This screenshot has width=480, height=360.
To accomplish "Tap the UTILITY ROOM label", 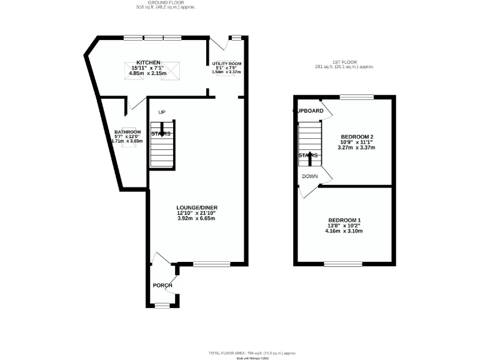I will click(x=226, y=64).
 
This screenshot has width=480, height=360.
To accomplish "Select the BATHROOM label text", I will click(x=127, y=132).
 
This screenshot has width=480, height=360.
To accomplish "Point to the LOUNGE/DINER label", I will click(x=196, y=207).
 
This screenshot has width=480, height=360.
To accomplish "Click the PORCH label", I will click(x=162, y=285).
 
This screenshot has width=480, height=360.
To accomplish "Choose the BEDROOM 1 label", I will click(x=345, y=220).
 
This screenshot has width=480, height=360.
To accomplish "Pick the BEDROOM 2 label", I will click(x=357, y=137).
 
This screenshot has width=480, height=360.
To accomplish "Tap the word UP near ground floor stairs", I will click(x=161, y=112).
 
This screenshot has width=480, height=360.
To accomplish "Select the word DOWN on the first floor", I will click(x=310, y=176).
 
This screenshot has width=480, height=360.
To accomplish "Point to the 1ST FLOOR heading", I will click(x=344, y=62).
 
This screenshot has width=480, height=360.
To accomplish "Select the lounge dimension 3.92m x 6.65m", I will click(x=196, y=218).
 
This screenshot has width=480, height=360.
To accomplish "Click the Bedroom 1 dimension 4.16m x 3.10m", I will click(x=345, y=231).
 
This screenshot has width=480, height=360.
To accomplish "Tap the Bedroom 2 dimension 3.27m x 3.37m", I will click(x=357, y=148).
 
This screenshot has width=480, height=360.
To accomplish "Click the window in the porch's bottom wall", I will click(x=162, y=306).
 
